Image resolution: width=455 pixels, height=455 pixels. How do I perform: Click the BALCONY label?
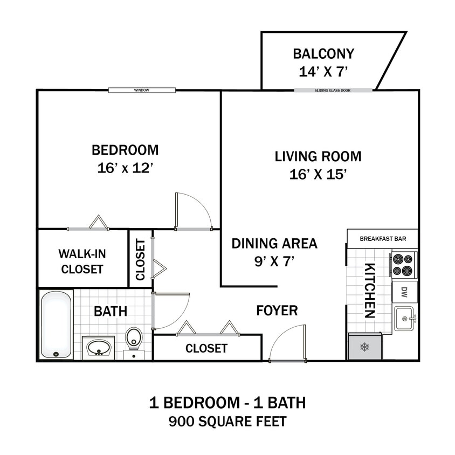[x=323, y=54]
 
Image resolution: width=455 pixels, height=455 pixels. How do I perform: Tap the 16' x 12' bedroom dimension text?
[x=126, y=168]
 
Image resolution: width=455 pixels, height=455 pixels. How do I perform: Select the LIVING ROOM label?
[x=318, y=157]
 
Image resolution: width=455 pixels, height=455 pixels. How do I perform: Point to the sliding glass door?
[x=333, y=91]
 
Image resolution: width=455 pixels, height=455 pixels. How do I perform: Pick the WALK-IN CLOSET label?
[x=82, y=261]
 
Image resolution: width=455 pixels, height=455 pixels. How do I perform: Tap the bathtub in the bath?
[x=56, y=325]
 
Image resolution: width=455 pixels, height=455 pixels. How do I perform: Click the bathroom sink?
[x=98, y=348]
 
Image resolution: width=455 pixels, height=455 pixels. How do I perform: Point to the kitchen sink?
[x=404, y=318]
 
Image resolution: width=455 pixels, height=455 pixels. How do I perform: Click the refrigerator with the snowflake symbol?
[x=365, y=346]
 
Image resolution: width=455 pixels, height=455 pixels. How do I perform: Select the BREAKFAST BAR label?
[x=382, y=238]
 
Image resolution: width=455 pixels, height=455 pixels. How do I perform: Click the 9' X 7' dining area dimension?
[x=274, y=263]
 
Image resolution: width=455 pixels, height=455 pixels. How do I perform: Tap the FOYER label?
[x=277, y=311]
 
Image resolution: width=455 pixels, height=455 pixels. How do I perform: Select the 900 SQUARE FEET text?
[x=227, y=421]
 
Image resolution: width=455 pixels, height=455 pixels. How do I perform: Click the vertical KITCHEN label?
[x=370, y=291]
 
